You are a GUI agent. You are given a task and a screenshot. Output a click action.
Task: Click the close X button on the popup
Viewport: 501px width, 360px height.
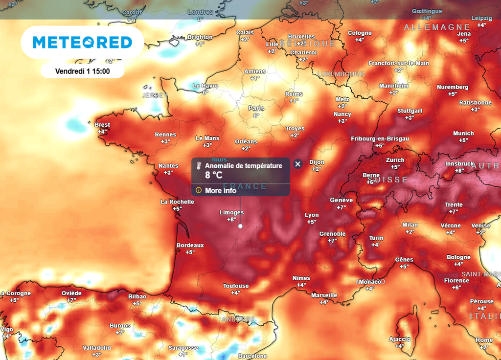[297, 164]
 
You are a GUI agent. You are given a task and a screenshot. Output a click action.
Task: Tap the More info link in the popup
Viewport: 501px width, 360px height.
[220, 190]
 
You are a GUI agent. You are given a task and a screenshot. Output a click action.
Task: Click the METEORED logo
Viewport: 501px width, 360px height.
[83, 43]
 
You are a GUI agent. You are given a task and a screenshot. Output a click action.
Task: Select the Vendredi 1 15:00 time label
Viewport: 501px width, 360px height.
[82, 71]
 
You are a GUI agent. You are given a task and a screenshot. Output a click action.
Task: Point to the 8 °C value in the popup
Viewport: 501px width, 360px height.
[214, 175]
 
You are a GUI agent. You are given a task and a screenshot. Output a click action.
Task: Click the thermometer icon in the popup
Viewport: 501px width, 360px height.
[199, 166]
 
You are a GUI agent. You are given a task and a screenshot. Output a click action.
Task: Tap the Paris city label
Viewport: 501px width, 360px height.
[256, 108]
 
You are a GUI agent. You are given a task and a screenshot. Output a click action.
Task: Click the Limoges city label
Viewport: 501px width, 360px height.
[231, 213]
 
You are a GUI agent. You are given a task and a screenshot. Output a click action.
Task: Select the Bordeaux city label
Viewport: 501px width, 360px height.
[190, 245]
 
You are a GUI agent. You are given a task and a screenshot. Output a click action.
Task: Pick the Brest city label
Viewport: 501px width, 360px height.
[102, 125]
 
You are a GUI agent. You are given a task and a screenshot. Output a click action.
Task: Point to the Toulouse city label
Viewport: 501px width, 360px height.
[236, 286]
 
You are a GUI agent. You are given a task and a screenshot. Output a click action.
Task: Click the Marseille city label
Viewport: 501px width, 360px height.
[324, 295]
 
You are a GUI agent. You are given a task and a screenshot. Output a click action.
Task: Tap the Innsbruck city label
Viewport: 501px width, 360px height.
[459, 163]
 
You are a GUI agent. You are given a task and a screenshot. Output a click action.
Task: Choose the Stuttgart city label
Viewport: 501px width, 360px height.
[410, 111]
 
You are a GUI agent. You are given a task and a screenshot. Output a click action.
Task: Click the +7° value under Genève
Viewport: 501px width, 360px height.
[341, 207]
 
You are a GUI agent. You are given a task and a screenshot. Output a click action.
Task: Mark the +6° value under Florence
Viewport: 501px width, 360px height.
[456, 288]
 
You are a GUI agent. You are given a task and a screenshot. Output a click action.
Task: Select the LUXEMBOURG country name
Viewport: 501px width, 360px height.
[341, 74]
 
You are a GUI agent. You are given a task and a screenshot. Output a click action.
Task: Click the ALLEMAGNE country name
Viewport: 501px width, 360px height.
[436, 27]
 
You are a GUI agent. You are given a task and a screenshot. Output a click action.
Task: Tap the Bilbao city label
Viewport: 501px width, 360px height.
[137, 296]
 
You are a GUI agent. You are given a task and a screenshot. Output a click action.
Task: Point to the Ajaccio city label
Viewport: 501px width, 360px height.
[400, 339]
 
